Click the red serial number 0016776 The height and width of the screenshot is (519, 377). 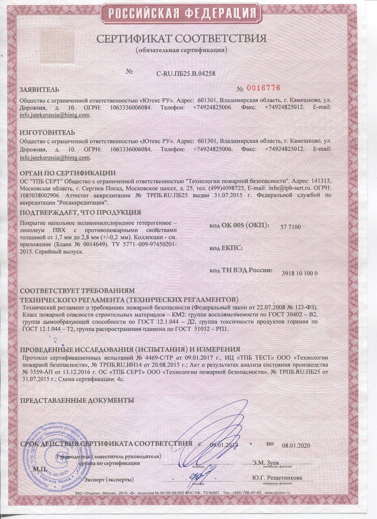263,88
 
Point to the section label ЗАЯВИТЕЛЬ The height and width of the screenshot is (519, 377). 39,89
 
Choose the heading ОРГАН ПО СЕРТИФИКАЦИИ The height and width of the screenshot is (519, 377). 68,173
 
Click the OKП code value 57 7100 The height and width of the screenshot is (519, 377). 291,227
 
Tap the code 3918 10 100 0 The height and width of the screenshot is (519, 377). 299,273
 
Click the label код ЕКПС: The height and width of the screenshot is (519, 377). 226,248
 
